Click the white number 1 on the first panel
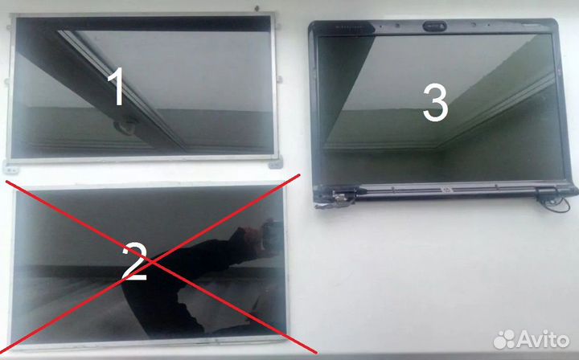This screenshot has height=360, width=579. pos(117,87)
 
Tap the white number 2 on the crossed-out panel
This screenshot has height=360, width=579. pos(135,261)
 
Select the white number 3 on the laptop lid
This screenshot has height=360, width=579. pos(435,103)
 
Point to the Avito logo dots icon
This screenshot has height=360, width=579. pos(504,339)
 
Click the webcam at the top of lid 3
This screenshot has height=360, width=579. pos(434,27)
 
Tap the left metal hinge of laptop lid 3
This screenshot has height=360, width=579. pos(342,195)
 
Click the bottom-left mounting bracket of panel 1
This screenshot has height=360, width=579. pos(10,166)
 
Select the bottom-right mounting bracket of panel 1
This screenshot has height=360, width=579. pos(275,163)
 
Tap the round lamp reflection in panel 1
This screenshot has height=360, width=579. pos(124,126)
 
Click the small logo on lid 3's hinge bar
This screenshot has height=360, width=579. pos(446,190)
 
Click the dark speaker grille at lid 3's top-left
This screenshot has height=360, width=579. pos(349,27)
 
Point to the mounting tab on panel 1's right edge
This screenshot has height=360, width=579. pos(280,80)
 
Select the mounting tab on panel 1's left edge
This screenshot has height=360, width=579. pos(6,82)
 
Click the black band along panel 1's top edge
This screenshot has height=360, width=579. pos(144,23)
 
